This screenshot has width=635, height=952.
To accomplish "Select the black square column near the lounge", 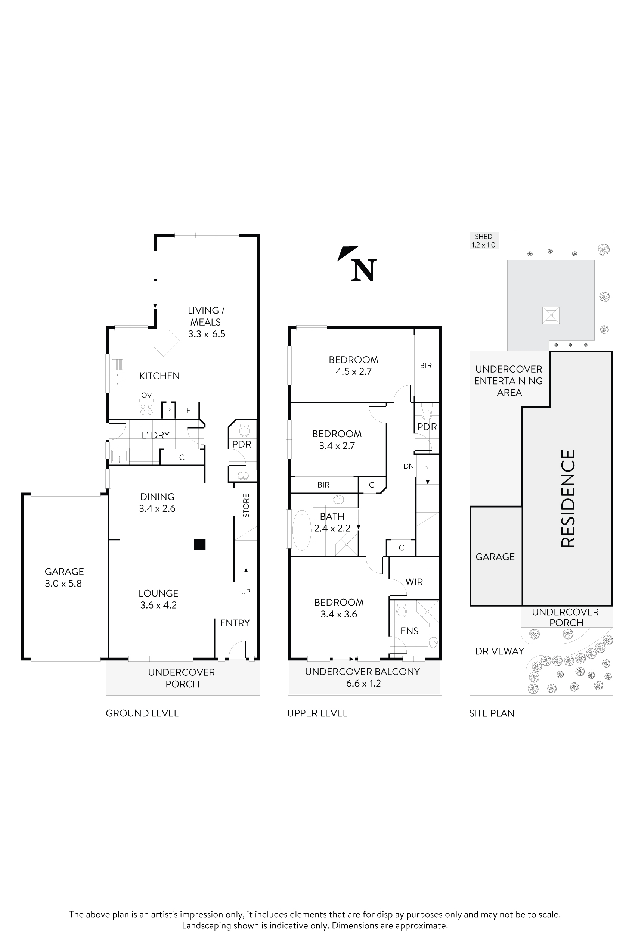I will coord(200,544).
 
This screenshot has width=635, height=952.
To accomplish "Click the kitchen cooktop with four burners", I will coord(146,410).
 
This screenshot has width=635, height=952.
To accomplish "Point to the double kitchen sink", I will coord(117,374).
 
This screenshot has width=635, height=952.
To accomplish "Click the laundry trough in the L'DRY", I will coord(120,457).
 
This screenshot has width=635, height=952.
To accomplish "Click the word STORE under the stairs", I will coord(246,505).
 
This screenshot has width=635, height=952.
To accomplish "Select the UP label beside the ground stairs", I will coord(245,592).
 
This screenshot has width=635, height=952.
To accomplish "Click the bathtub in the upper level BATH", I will coord(301,531).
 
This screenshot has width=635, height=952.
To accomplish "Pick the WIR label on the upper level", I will coord(414,582).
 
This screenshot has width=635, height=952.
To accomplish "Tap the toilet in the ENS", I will coord(401,610).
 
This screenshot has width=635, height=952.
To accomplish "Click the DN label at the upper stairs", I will coord(408,466).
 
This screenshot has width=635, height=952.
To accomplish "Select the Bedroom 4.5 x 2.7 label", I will coord(353,365).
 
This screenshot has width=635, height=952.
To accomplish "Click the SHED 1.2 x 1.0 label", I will coord(484,240).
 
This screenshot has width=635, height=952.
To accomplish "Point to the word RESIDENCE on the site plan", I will coord(568,499).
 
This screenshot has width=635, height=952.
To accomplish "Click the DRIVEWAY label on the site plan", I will coord(499,651).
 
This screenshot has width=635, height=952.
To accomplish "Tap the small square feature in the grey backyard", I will coord(551,315).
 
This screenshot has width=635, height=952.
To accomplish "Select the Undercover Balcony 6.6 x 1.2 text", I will coord(363,677).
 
